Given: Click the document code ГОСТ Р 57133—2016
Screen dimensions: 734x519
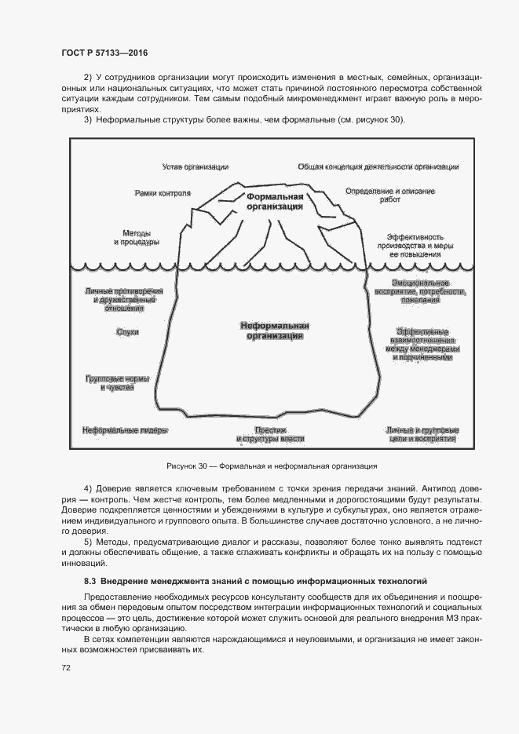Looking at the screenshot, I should coord(104,53).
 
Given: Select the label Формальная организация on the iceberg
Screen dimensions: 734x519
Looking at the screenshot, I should coord(274,201).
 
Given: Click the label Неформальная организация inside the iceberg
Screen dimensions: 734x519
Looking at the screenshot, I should coord(275,330).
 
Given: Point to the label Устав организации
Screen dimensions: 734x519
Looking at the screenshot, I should coord(196,166).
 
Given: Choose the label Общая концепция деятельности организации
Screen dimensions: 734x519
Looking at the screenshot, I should coord(378,166).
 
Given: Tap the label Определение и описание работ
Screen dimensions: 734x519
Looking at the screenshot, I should coord(390,195).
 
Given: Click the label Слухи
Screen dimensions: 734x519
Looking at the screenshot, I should coord(127,332).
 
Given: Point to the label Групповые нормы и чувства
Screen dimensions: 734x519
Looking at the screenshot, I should coord(116,383).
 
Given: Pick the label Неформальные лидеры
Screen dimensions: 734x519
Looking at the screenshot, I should coord(126,430).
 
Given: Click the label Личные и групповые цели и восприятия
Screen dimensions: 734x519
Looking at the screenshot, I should coord(422,435).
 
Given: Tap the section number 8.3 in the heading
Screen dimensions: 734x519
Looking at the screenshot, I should coord(90,582).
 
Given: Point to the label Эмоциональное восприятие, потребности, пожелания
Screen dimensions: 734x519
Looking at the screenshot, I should coord(421,290).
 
